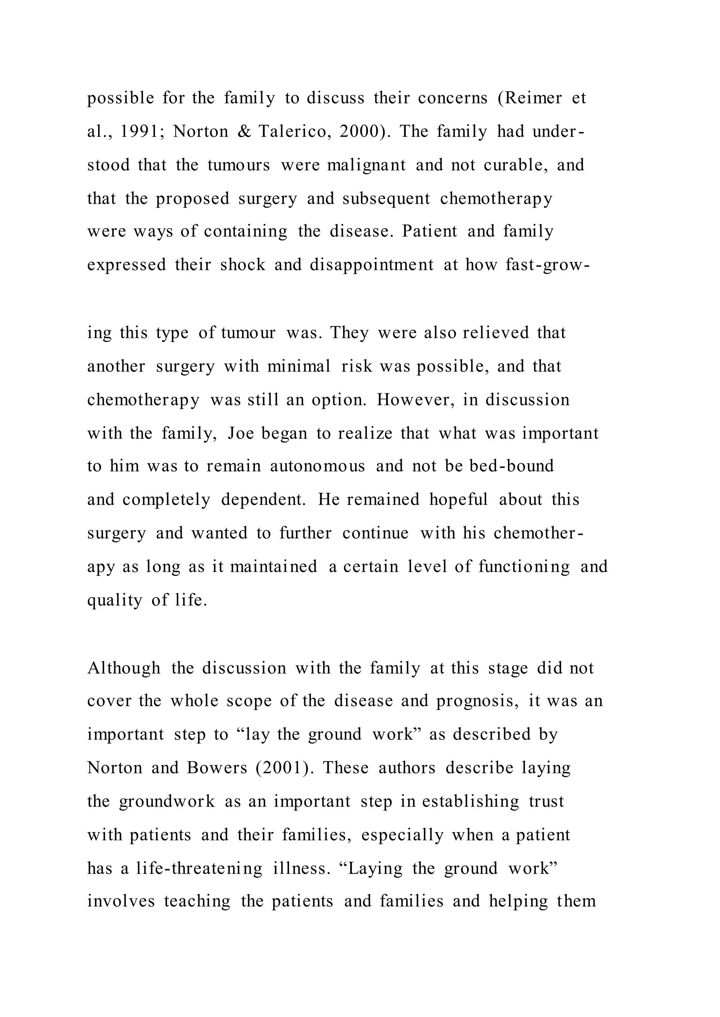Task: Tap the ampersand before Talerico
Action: [x=244, y=132]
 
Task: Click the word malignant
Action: [x=366, y=165]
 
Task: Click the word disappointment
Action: [x=372, y=265]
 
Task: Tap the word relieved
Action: [x=496, y=333]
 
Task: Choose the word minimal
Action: [x=299, y=366]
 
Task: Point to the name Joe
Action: [x=241, y=433]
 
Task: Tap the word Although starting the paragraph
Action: [x=124, y=668]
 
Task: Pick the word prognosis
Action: [x=477, y=701]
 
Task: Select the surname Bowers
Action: [x=217, y=768]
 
